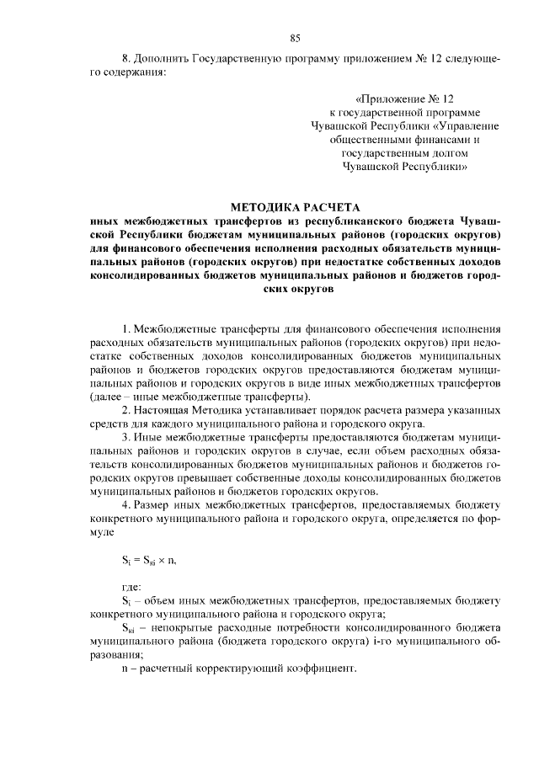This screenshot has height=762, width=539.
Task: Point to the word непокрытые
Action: coord(181,627)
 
